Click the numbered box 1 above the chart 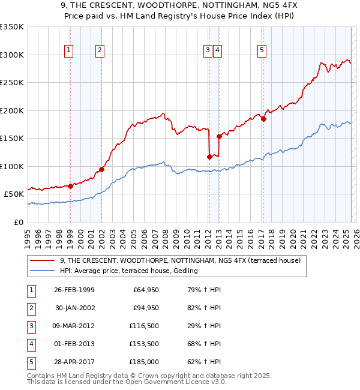coord(70,50)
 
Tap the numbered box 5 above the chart coord(262,50)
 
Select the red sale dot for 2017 coord(263,118)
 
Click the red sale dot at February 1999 coord(71,185)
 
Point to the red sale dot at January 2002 coord(102,169)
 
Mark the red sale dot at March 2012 coord(209,157)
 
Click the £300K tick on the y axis coord(12,55)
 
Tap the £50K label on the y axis coord(14,194)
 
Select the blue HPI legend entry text coord(129,271)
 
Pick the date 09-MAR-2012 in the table coord(74,326)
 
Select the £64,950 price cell coord(144,290)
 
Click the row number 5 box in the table coord(31,362)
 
